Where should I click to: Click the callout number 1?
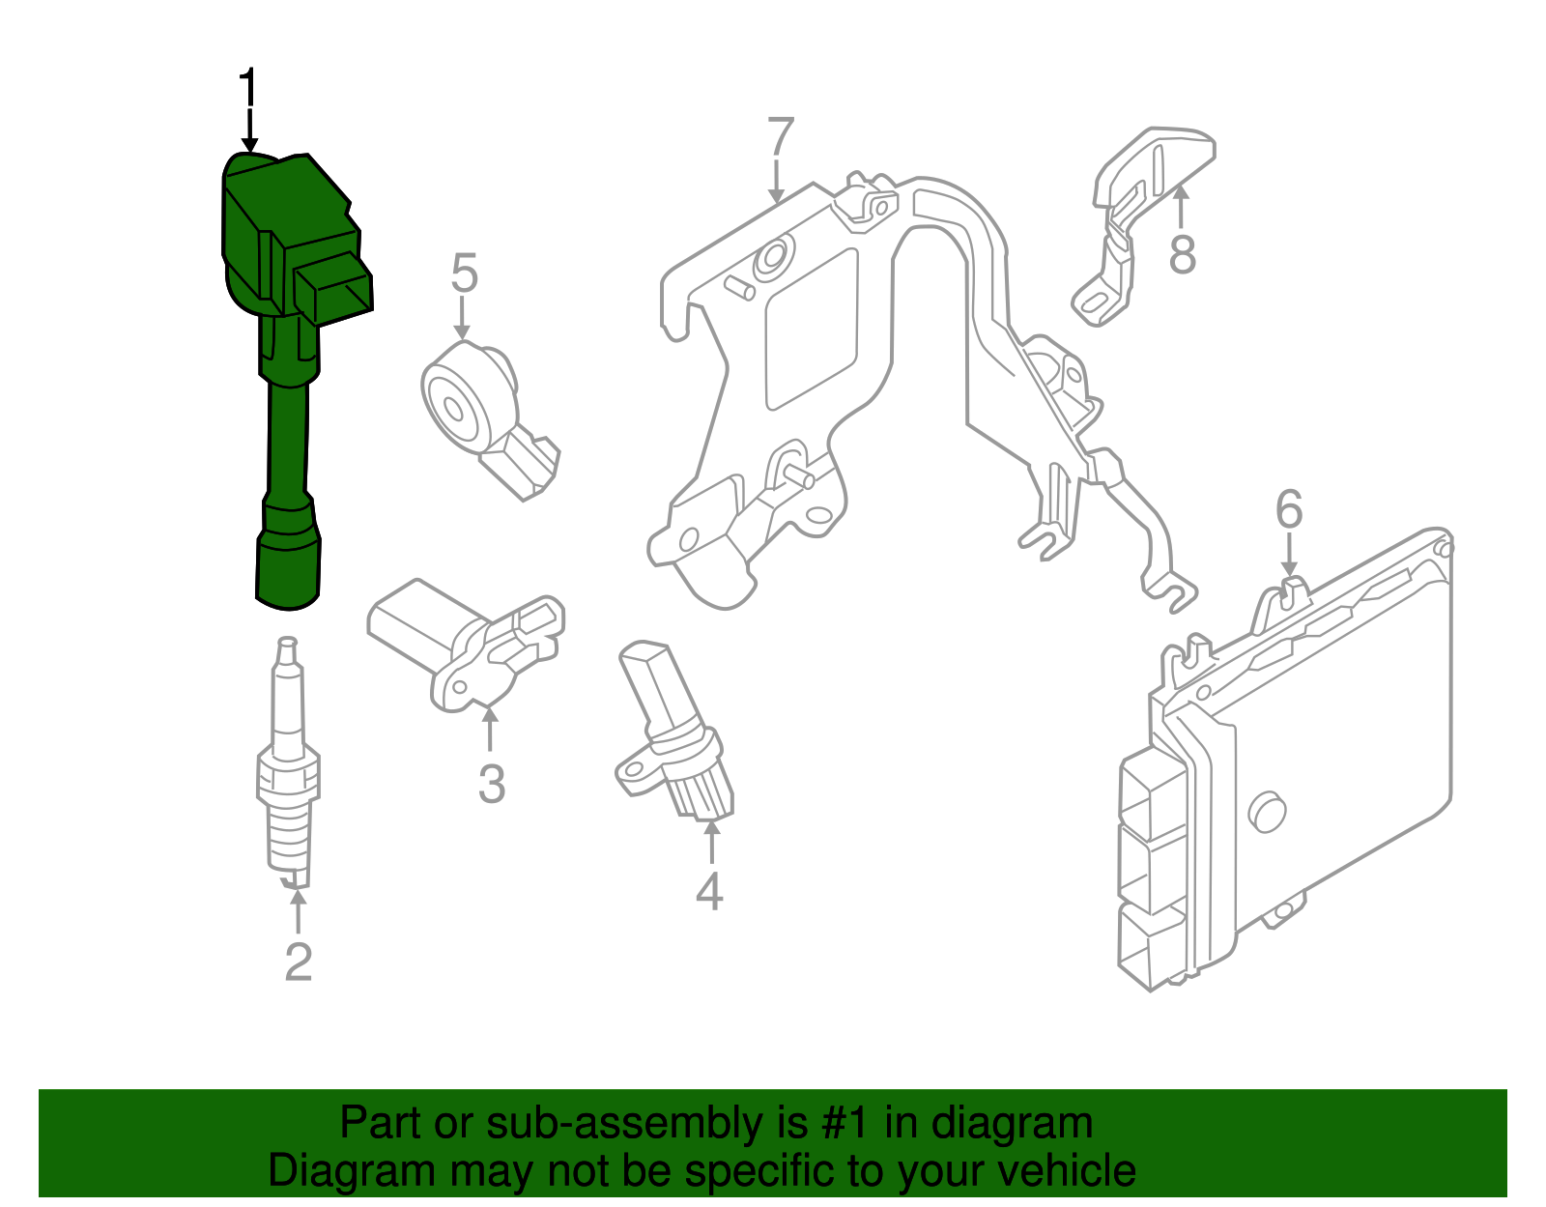coord(248,89)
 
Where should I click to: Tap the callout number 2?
coord(299,963)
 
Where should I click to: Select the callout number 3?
coord(491,784)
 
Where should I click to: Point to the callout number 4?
coord(709,891)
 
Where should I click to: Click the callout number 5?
coord(464,273)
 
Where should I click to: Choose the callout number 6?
coord(1289,509)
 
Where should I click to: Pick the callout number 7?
coord(781,138)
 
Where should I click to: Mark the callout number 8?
coord(1182,256)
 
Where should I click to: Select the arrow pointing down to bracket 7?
coord(776,184)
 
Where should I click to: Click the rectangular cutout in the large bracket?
coord(812,329)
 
